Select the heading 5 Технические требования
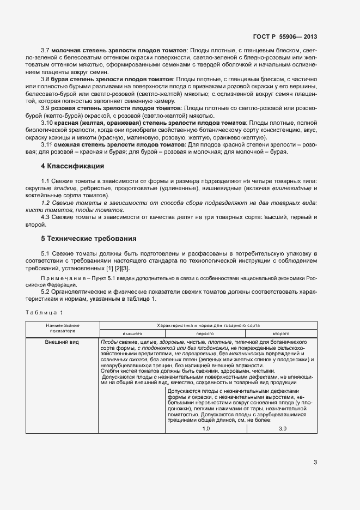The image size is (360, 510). [82, 239]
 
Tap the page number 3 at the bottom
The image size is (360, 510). [315, 463]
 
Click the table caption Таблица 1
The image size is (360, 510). [45, 312]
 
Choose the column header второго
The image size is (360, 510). [280, 332]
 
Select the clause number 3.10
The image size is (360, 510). [47, 124]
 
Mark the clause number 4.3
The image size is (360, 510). [45, 217]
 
